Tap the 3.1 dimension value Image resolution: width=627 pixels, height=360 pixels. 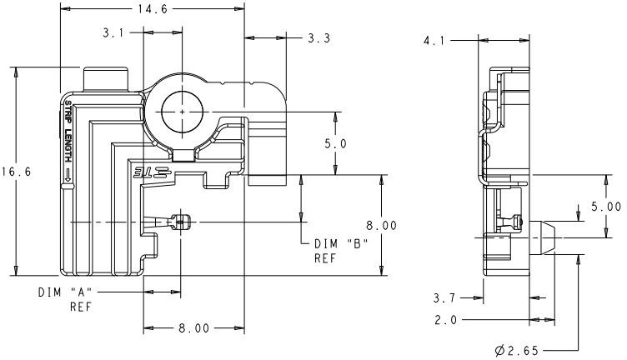[114, 33]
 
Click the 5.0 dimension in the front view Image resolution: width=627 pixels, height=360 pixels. [334, 143]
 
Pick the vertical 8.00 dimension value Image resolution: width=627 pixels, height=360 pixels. [380, 225]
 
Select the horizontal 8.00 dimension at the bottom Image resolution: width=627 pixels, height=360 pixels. [193, 328]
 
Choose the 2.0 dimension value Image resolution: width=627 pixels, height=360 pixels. [447, 319]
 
